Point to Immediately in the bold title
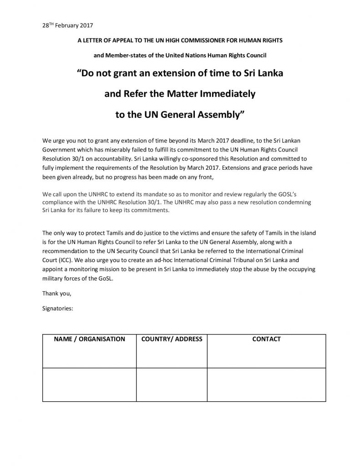pos(221,94)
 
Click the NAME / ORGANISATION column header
pos(90,339)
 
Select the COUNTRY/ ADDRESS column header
pos(172,339)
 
